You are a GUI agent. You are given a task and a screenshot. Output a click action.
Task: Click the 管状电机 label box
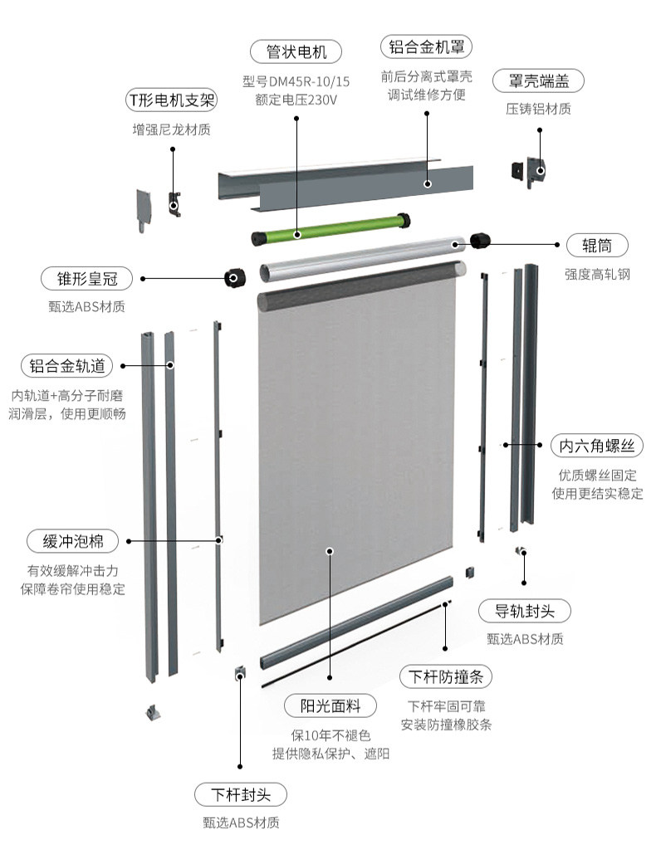point(296,51)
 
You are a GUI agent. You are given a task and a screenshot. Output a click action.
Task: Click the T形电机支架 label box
point(171,100)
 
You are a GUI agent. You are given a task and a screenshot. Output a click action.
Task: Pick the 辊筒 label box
point(596,245)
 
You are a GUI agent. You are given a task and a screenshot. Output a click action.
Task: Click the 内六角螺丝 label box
point(597,446)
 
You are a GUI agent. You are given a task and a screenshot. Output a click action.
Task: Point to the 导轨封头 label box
point(526,612)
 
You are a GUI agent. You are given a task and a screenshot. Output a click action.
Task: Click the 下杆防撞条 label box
point(446,676)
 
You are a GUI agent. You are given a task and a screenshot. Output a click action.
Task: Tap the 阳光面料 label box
point(330,706)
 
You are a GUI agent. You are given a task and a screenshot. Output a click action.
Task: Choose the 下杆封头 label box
point(241,794)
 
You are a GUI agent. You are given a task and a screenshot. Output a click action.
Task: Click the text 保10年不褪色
point(330,735)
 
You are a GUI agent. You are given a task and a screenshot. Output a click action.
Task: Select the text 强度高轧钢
point(597,273)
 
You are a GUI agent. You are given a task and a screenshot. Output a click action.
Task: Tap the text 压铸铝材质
point(538,109)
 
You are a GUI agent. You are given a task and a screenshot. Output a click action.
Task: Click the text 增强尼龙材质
point(171,129)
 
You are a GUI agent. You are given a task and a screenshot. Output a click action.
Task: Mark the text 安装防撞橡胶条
point(446,724)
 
